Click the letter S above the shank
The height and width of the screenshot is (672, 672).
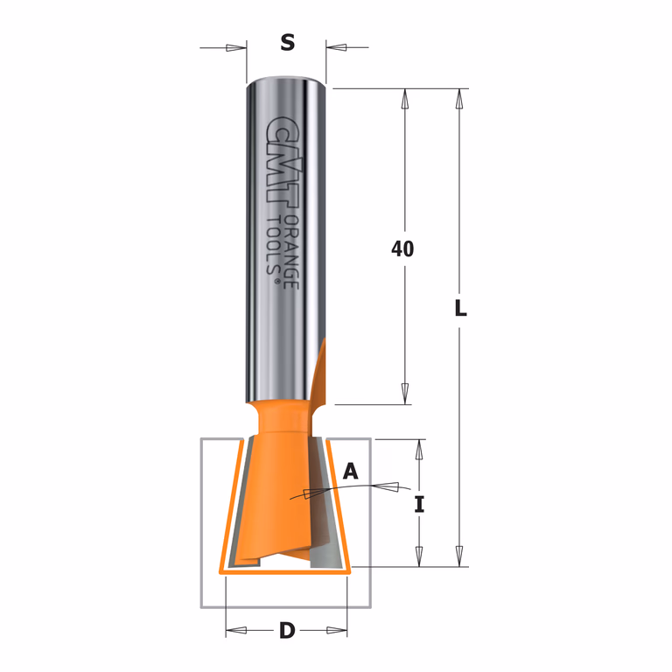tap(288, 43)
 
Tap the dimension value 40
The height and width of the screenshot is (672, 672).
tap(402, 249)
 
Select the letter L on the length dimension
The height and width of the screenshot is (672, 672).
tap(461, 308)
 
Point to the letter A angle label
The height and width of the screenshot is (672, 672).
tap(351, 472)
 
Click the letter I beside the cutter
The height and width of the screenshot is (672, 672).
tap(419, 504)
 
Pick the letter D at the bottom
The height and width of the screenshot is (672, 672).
tap(287, 630)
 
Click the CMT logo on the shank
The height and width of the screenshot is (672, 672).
tap(283, 162)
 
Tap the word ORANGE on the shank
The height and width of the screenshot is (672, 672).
tap(292, 252)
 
